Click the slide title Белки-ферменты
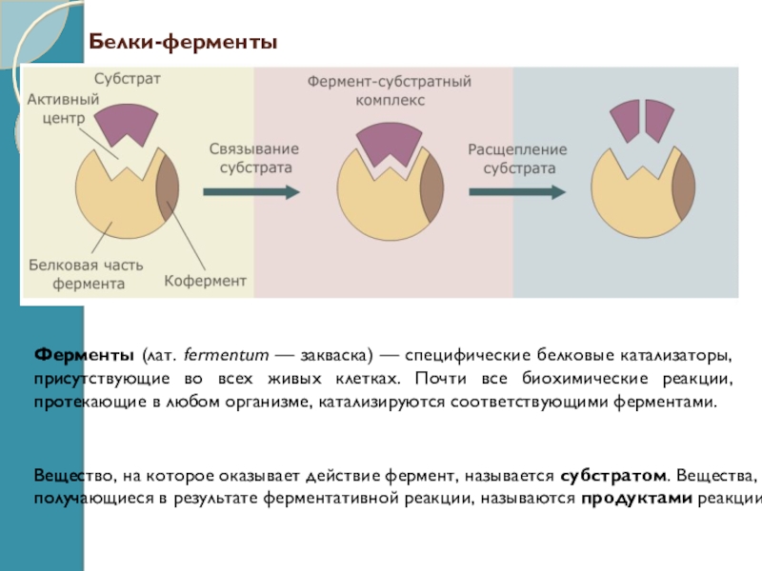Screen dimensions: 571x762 pyautogui.click(x=183, y=43)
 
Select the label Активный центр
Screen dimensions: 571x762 pyautogui.click(x=58, y=108)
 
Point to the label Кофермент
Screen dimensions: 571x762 pyautogui.click(x=205, y=281)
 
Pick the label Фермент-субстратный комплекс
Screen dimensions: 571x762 pyautogui.click(x=389, y=90)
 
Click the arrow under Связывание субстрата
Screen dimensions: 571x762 pyautogui.click(x=251, y=191)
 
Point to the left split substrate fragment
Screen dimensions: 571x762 pyautogui.click(x=624, y=119)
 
